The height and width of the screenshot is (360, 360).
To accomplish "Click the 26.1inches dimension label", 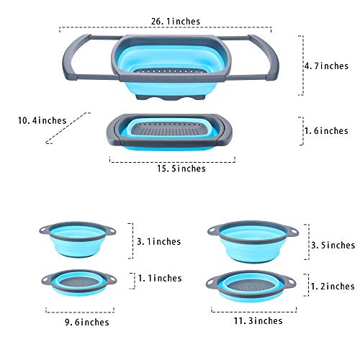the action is (x=176, y=22).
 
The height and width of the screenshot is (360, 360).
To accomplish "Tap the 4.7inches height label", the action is (x=327, y=66).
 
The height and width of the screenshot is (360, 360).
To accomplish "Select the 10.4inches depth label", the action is (x=42, y=120).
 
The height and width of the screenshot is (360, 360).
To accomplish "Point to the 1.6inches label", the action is (x=327, y=131).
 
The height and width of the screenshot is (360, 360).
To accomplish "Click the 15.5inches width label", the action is (x=181, y=168).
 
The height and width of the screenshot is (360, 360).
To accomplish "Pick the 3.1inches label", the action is (x=159, y=242).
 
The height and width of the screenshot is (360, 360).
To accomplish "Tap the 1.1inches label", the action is (x=160, y=279).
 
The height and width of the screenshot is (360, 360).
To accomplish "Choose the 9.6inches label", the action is (x=87, y=322).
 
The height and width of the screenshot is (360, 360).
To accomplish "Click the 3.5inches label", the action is (x=333, y=246).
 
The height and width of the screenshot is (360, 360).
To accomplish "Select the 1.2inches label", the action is (x=333, y=287).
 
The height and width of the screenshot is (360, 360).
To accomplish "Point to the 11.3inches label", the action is (x=258, y=321).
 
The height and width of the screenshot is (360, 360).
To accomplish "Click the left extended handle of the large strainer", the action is (x=72, y=58).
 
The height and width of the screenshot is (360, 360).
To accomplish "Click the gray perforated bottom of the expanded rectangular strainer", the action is (x=170, y=71).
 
